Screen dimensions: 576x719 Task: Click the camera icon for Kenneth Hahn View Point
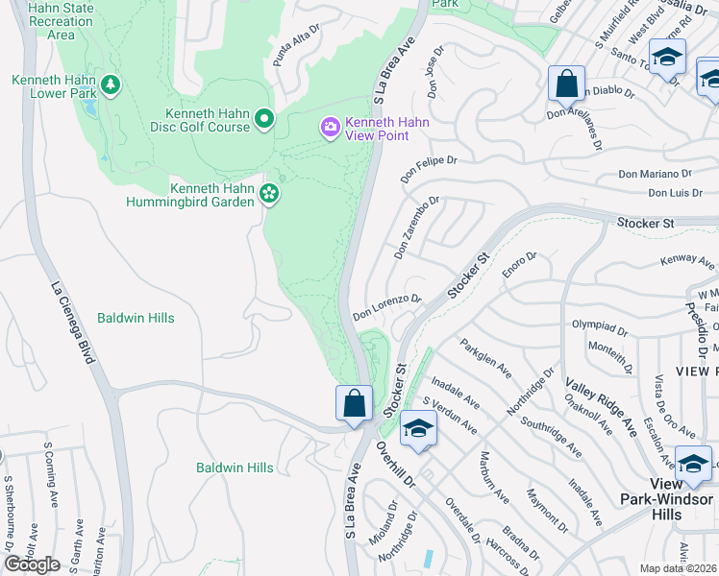coord(331,127)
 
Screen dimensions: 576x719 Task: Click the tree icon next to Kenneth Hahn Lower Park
coord(112,86)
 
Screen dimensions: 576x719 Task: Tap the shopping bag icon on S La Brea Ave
coord(354,403)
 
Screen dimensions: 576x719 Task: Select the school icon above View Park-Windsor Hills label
coord(693,465)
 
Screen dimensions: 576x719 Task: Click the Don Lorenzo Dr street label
coord(386,306)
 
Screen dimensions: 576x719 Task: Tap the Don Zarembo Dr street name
coord(416,228)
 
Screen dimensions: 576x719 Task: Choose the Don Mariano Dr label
coord(656,174)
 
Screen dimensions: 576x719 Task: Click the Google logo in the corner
coord(32,564)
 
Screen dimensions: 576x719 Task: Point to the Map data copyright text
coord(678,568)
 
